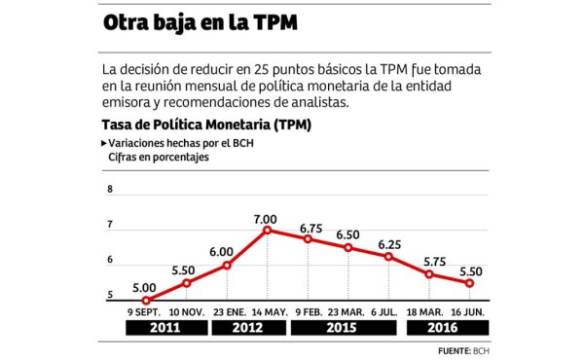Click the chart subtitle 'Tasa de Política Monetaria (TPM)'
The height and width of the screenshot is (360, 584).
(205, 126)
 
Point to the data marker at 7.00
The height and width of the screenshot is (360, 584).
(267, 230)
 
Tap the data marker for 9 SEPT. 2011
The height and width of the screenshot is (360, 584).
(145, 301)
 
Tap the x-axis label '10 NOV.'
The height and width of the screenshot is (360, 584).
(186, 311)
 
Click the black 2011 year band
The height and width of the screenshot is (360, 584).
(165, 328)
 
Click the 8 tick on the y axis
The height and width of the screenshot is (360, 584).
(110, 191)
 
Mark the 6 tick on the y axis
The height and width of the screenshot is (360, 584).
(110, 261)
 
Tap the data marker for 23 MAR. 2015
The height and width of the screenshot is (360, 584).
(347, 247)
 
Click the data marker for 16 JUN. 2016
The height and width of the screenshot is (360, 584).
(469, 283)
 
